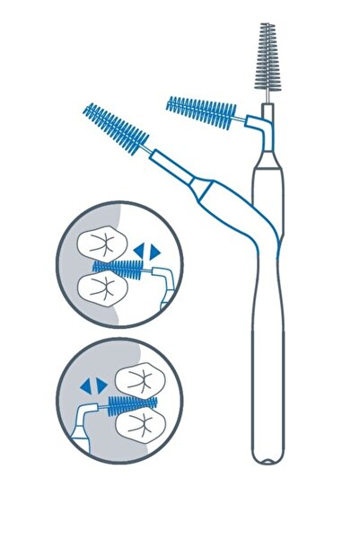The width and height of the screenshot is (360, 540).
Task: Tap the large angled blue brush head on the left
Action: coord(115,129)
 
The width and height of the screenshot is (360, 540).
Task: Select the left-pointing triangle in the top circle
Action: coord(138,248)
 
